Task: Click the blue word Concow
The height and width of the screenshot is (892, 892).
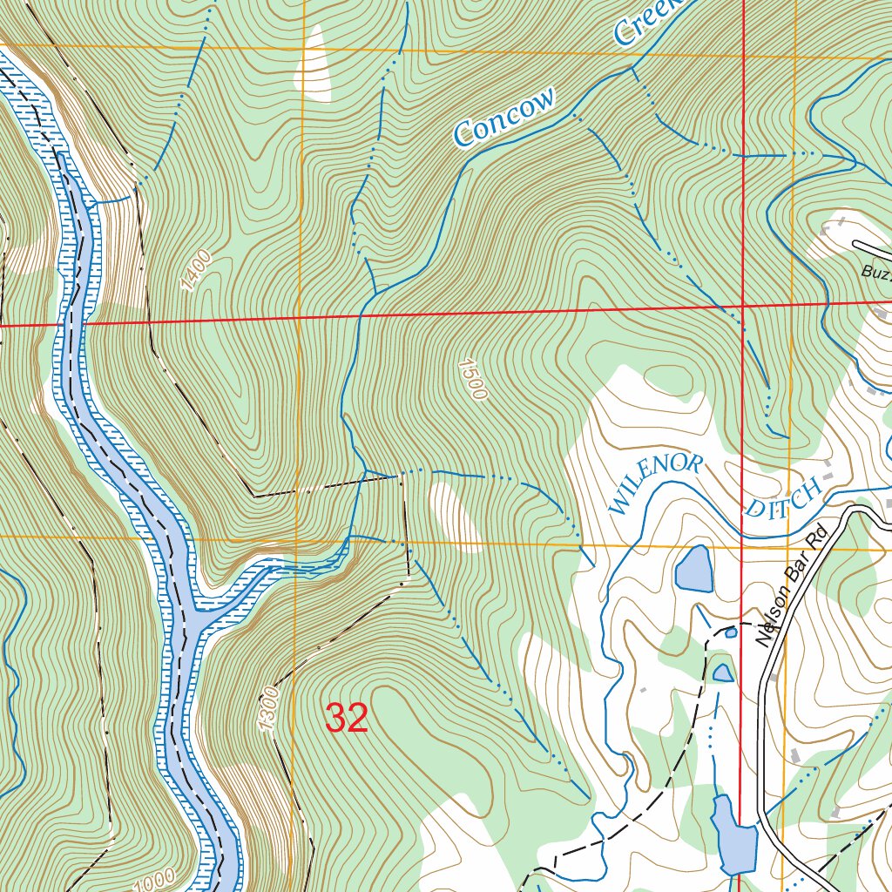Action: pos(503,119)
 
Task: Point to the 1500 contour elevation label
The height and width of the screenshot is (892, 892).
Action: pos(471,378)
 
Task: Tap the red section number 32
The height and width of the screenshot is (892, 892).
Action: pos(347,719)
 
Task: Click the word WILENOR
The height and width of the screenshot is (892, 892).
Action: pos(653,483)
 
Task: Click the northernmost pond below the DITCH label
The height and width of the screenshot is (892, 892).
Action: pos(693,568)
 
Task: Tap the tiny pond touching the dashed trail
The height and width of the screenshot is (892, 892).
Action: pos(731,632)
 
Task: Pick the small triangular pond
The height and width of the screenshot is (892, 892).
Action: pos(722,672)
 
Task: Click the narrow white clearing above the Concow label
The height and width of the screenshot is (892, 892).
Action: pos(315,64)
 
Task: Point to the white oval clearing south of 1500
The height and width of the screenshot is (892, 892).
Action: pos(455,517)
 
